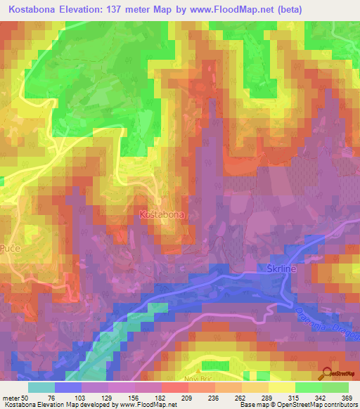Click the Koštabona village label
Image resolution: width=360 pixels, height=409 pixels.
(x=162, y=214)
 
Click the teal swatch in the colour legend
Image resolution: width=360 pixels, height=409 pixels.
(x=41, y=387)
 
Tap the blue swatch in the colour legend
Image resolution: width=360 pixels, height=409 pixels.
(x=68, y=387)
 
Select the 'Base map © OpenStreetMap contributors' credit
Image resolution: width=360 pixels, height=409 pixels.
(x=298, y=405)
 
